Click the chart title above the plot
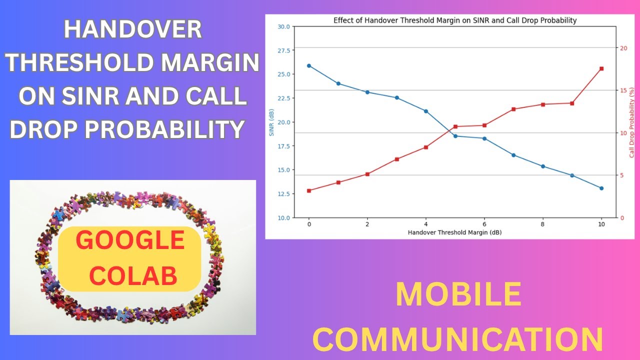[x=455, y=20]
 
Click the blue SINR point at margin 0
[x=309, y=65]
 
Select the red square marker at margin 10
[x=601, y=68]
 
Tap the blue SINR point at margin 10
[x=601, y=188]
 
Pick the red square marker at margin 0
[x=309, y=190]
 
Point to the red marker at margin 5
[x=455, y=126]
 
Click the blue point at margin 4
[x=426, y=111]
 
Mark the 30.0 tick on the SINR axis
[x=283, y=26]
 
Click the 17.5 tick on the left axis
[x=283, y=146]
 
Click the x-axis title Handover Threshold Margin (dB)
[x=455, y=232]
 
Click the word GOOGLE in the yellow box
[x=130, y=241]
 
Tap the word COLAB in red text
[x=130, y=275]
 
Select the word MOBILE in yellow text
[x=458, y=294]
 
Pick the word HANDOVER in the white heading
[x=133, y=30]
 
